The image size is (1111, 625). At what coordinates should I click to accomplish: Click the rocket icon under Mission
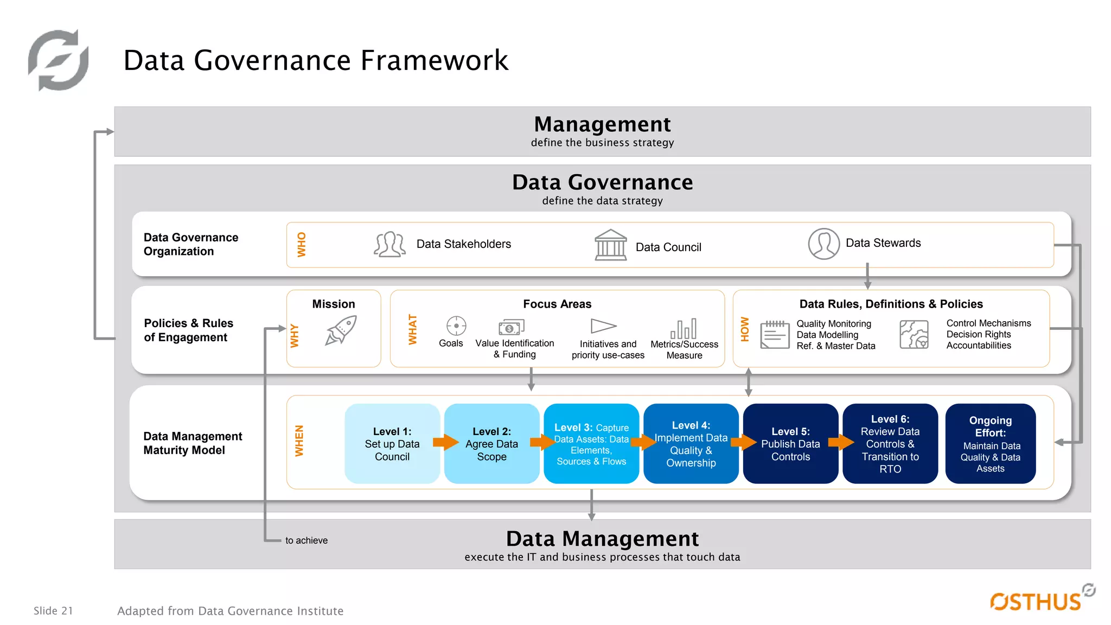pos(341,330)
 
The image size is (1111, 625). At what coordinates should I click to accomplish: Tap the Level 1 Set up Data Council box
pos(392,444)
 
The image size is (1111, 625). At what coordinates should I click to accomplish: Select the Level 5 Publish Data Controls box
pos(790,444)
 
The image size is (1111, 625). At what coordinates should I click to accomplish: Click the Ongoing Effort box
pos(990,444)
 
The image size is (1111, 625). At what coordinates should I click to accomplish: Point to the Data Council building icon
pos(610,245)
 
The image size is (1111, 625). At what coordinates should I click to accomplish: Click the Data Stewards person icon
pos(823,244)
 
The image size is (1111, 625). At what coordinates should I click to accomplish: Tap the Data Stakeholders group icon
pos(390,244)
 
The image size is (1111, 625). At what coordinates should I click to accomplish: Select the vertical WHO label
pos(302,245)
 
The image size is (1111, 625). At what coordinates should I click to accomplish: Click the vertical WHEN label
pos(299,441)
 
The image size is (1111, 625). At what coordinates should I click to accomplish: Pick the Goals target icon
pos(456,326)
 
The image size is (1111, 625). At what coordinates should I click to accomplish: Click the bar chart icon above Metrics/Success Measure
pos(684,329)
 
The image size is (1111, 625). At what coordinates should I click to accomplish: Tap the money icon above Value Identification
pos(511,327)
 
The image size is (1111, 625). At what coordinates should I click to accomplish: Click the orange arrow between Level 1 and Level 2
pos(446,442)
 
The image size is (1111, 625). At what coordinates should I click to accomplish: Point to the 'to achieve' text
pos(307,540)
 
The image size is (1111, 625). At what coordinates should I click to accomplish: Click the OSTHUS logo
pos(1037,601)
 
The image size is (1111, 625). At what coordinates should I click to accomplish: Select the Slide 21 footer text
pos(53,611)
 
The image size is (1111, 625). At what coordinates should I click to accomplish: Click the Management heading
pos(602,124)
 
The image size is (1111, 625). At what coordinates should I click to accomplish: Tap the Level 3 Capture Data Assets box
pos(591,444)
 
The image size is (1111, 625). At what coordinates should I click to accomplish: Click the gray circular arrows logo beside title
pos(59,60)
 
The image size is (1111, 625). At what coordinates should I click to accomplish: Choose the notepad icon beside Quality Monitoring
pos(774,334)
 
